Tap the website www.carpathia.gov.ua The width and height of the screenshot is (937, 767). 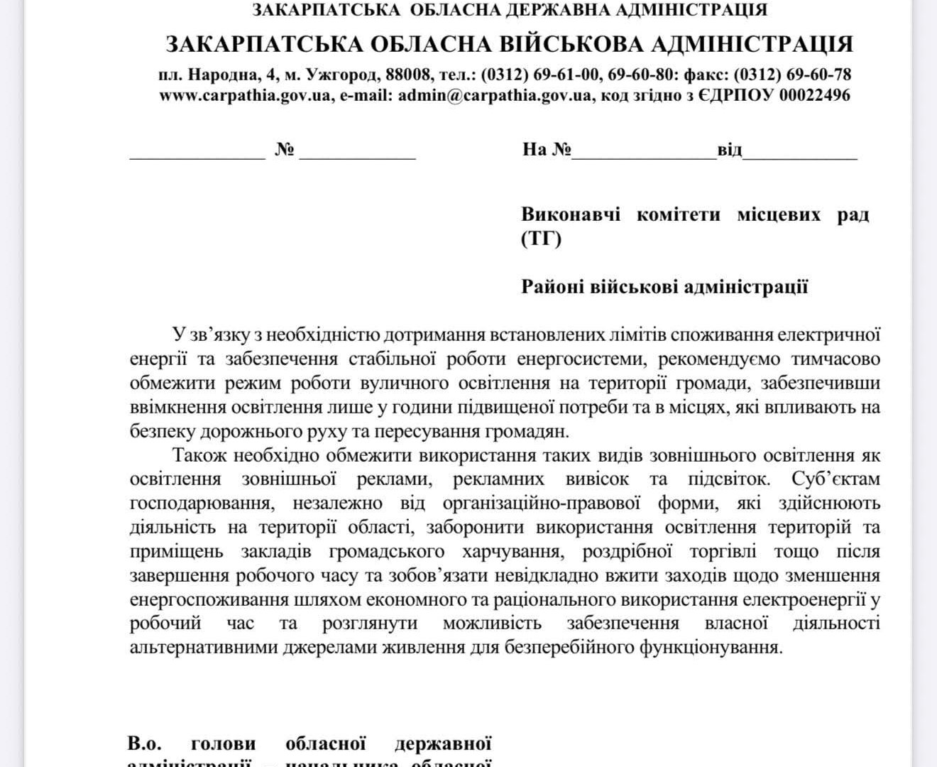pyautogui.click(x=244, y=95)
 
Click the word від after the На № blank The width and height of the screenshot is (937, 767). pyautogui.click(x=729, y=150)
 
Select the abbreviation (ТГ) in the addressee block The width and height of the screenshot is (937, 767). pyautogui.click(x=541, y=239)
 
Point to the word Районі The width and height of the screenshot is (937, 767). pyautogui.click(x=552, y=287)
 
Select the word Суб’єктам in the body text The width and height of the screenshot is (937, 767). pyautogui.click(x=835, y=479)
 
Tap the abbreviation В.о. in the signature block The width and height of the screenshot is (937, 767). pyautogui.click(x=146, y=744)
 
